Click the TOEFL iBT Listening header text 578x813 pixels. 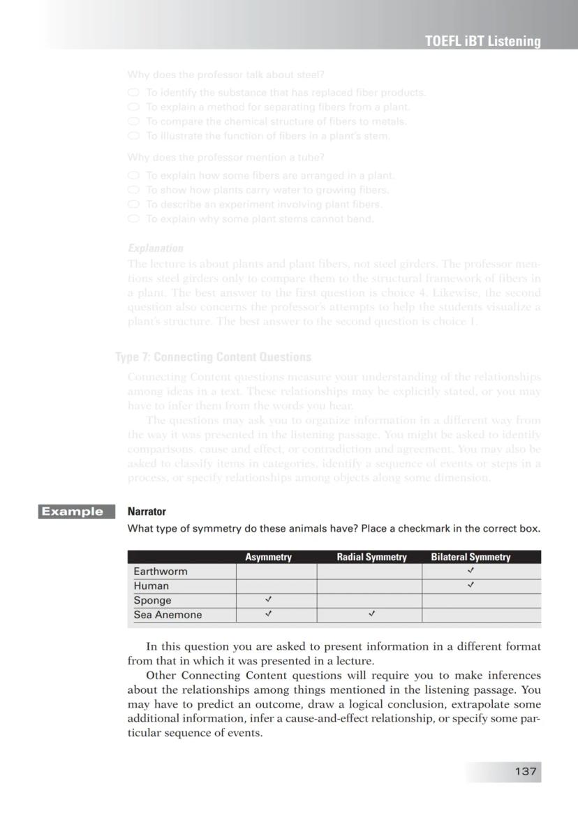pos(482,41)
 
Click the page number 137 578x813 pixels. pos(525,771)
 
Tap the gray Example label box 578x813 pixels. pos(71,512)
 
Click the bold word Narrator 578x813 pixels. pos(147,512)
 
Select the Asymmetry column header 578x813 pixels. pos(268,557)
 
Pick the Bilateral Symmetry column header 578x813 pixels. pos(470,557)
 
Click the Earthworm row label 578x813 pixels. pos(161,572)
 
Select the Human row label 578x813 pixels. pos(151,586)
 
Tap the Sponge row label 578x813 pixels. pos(152,600)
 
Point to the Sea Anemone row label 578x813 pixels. pos(168,615)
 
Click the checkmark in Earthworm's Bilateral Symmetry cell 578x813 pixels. pos(471,571)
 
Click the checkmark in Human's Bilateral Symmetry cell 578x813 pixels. pos(471,585)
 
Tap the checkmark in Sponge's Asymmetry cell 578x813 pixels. pos(268,599)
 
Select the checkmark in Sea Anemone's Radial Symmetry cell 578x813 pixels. pos(371,614)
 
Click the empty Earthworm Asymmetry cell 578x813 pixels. pos(276,572)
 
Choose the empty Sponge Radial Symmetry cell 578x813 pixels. pos(369,600)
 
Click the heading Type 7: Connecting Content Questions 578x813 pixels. pos(214,357)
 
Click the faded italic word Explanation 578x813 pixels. pos(155,248)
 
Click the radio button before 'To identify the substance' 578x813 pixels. pos(133,92)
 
